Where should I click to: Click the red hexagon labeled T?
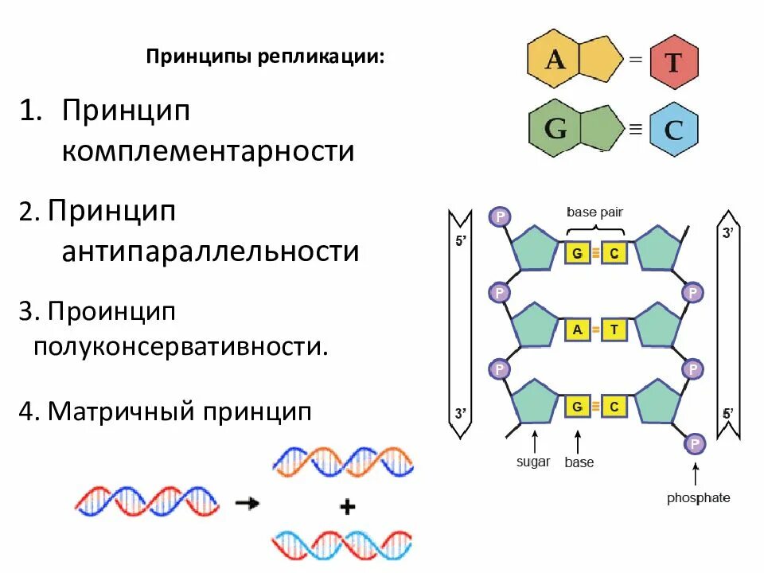tap(673, 61)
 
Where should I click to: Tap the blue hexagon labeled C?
tap(673, 129)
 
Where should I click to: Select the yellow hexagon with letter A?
tap(555, 60)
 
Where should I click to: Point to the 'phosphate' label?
tap(698, 498)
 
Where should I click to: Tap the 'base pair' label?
tap(594, 212)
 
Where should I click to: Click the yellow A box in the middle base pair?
tap(575, 330)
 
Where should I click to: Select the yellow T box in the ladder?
tap(614, 330)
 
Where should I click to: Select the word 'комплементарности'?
tap(208, 150)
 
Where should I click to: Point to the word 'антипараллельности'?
tap(211, 251)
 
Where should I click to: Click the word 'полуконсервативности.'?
tap(180, 347)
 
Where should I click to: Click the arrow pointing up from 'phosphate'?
tap(696, 474)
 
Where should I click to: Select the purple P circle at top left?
tap(500, 216)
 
